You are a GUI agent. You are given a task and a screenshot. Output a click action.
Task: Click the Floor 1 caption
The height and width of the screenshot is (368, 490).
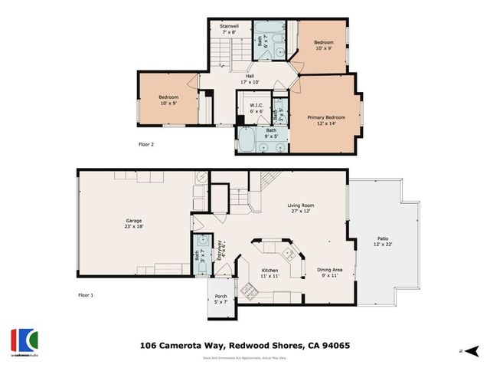pyautogui.click(x=85, y=294)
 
